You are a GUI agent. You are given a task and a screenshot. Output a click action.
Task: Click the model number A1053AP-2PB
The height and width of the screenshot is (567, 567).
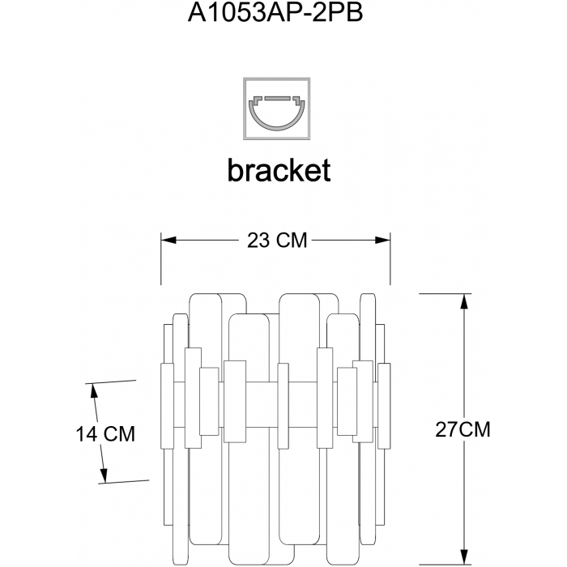coord(275,14)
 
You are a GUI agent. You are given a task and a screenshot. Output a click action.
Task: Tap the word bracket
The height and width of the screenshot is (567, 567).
coord(279,169)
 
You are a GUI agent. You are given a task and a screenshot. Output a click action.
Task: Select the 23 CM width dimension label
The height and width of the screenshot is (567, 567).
coord(277,241)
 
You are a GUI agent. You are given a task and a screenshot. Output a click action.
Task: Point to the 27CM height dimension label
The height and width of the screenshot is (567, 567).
coord(463,429)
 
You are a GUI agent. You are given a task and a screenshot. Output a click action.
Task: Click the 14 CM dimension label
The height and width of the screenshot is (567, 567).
coord(105,433)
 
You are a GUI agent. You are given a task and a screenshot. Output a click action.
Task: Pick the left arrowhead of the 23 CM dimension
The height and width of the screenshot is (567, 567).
coord(168,240)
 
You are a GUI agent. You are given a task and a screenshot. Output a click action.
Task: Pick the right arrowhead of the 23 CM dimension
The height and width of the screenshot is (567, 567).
coord(382,240)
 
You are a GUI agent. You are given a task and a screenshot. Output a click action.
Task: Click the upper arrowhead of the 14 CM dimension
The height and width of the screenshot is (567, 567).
coord(95,391)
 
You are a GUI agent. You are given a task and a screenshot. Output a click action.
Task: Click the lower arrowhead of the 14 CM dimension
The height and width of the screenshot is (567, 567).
coord(104,475)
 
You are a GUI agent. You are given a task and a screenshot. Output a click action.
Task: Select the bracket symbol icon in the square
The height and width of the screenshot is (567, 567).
coord(277,109)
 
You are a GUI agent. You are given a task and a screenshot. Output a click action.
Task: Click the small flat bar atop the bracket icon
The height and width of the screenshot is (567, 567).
coord(277,98)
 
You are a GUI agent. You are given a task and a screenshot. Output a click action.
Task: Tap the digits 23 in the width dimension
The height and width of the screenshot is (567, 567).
coord(258,241)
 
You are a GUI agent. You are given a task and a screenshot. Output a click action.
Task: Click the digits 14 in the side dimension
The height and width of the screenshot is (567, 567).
coord(87,433)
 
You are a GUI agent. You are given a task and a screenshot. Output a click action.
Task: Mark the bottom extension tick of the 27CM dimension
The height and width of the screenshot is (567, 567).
coord(446,565)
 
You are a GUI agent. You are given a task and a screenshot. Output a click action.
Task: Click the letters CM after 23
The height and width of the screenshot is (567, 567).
coord(292,241)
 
